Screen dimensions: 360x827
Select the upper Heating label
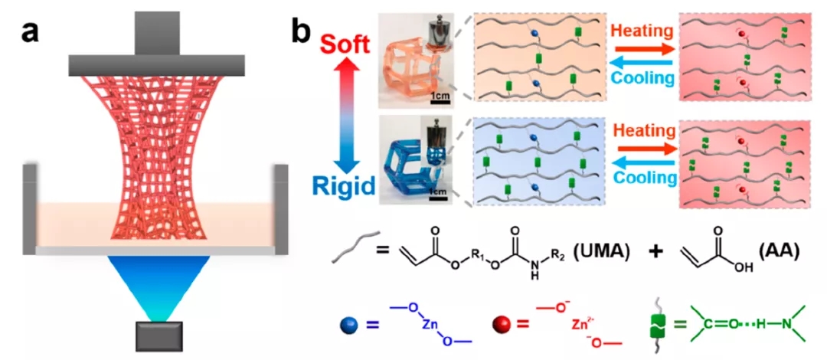click(643, 32)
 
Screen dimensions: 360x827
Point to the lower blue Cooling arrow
click(642, 165)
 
